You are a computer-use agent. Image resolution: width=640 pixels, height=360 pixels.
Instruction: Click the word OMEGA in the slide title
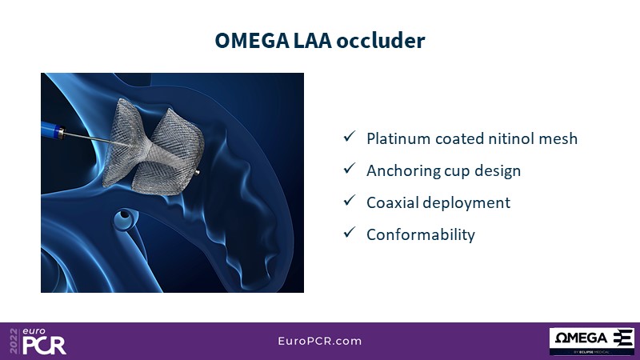tap(252, 41)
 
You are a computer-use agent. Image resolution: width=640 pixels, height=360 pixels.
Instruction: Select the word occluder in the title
tap(381, 41)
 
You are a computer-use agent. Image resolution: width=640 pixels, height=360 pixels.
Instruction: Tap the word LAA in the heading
tap(313, 41)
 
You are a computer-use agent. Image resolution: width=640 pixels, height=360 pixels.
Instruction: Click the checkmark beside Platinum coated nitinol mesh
tap(350, 136)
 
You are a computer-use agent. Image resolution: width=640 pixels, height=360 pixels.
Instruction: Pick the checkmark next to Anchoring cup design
tap(350, 168)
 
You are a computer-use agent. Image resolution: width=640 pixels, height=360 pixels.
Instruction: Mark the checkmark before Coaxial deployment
tap(350, 200)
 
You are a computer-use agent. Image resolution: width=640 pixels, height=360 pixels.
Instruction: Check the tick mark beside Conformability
tap(350, 232)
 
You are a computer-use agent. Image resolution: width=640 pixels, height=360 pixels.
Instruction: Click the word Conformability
tap(421, 234)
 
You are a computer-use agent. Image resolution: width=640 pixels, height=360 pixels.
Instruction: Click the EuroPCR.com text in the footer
tap(320, 342)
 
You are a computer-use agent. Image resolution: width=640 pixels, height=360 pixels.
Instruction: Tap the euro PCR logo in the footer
tap(38, 342)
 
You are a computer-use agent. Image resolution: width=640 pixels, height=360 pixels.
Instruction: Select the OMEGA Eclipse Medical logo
tap(592, 342)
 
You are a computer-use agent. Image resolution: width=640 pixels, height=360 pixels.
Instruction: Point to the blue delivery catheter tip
tap(53, 130)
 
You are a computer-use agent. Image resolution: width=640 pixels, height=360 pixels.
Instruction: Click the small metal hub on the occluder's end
tap(197, 173)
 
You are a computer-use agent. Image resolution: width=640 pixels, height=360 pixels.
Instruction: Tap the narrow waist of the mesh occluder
tap(148, 152)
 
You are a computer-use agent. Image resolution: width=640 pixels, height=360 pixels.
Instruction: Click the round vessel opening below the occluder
tap(124, 215)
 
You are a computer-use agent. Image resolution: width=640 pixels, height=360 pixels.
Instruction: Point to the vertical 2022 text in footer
tap(14, 342)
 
